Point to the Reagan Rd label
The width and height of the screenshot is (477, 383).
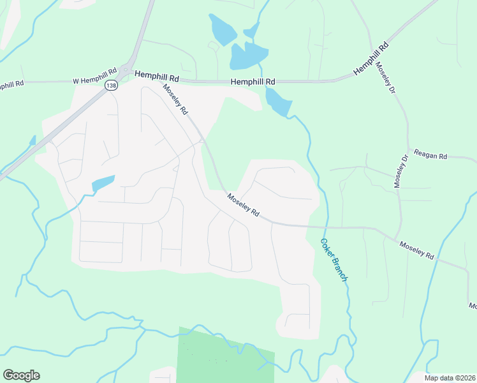tap(431, 155)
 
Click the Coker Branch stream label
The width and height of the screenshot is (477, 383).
tap(334, 259)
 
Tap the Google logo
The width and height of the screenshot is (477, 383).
tap(21, 375)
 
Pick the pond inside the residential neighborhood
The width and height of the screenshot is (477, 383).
tap(103, 183)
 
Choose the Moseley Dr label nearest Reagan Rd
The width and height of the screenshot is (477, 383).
tap(400, 170)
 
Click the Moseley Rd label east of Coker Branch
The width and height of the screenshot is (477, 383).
tap(416, 249)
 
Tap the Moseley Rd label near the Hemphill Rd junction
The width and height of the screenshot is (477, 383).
tap(175, 100)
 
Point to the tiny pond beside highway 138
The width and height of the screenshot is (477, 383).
tap(32, 140)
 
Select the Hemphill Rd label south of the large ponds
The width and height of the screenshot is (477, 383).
tap(253, 82)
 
